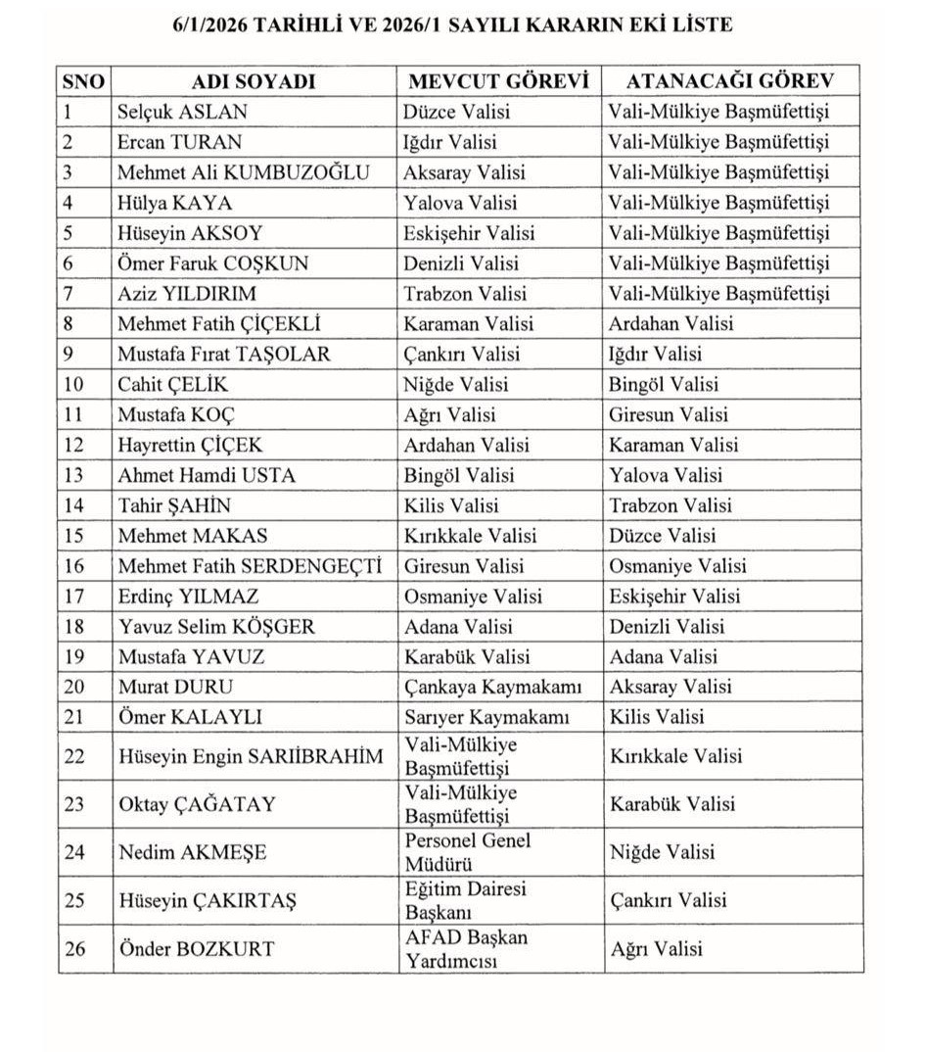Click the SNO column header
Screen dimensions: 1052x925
(83, 81)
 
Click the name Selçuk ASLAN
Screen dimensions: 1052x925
(182, 112)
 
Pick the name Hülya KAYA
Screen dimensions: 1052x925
(174, 203)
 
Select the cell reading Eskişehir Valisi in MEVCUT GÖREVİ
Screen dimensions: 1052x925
(470, 233)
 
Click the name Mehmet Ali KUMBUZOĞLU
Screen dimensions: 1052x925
(244, 172)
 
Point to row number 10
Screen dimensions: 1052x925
(74, 384)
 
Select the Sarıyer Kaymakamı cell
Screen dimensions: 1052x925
(486, 717)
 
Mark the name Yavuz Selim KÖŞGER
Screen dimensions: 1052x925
(216, 627)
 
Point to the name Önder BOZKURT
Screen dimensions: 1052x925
(196, 948)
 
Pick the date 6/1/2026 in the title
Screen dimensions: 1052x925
(210, 24)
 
